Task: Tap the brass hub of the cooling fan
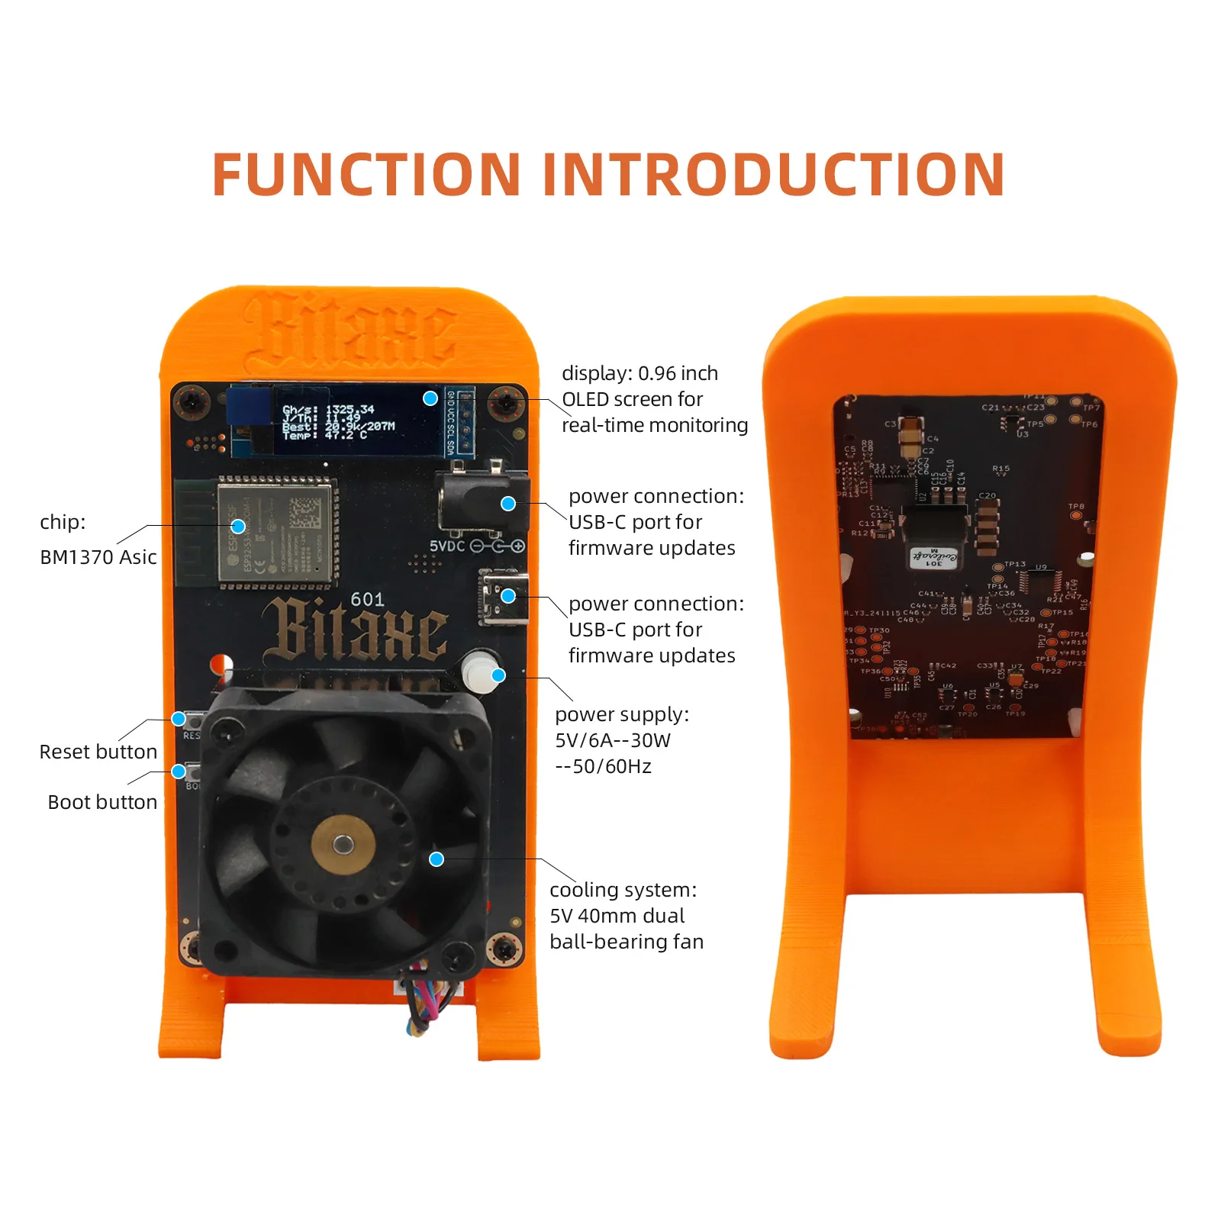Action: [x=343, y=843]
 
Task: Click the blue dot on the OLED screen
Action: [x=430, y=398]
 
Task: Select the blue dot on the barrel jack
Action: [x=508, y=504]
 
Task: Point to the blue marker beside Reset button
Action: [x=179, y=719]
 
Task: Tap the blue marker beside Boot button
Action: [x=179, y=772]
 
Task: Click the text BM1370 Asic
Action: [x=98, y=557]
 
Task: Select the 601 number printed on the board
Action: [x=367, y=600]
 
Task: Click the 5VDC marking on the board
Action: [x=446, y=546]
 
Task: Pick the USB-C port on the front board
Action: [x=504, y=597]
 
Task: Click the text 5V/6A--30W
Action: [x=613, y=740]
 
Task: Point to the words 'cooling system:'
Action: [x=623, y=890]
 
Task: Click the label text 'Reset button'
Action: [x=98, y=752]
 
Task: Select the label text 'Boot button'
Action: [x=102, y=802]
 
